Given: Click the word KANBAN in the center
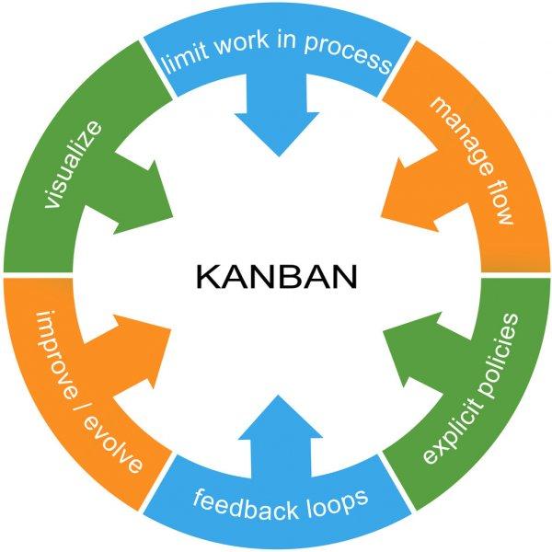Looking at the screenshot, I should tap(275, 276).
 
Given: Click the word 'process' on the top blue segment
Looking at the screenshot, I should tap(354, 60).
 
